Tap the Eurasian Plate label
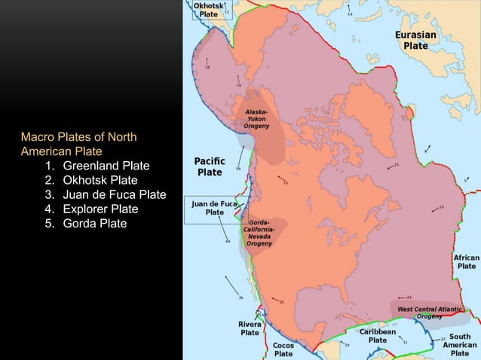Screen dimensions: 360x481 tap(415, 40)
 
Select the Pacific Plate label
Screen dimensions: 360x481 tap(209, 166)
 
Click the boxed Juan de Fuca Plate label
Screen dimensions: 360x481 tap(215, 208)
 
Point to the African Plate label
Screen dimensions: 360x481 tap(466, 261)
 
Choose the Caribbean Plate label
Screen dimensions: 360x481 tap(378, 335)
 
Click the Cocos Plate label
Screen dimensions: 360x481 tap(283, 349)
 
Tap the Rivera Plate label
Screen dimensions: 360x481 tap(250, 328)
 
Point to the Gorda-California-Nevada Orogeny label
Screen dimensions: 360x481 tap(260, 233)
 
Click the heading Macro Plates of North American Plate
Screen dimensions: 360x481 tap(78, 143)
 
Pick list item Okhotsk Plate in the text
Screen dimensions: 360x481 tap(100, 180)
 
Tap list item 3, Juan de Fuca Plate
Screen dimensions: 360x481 tap(114, 194)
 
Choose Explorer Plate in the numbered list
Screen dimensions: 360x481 tap(100, 209)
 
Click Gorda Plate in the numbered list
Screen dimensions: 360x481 tap(95, 224)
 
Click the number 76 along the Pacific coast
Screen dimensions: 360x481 tap(240, 298)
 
